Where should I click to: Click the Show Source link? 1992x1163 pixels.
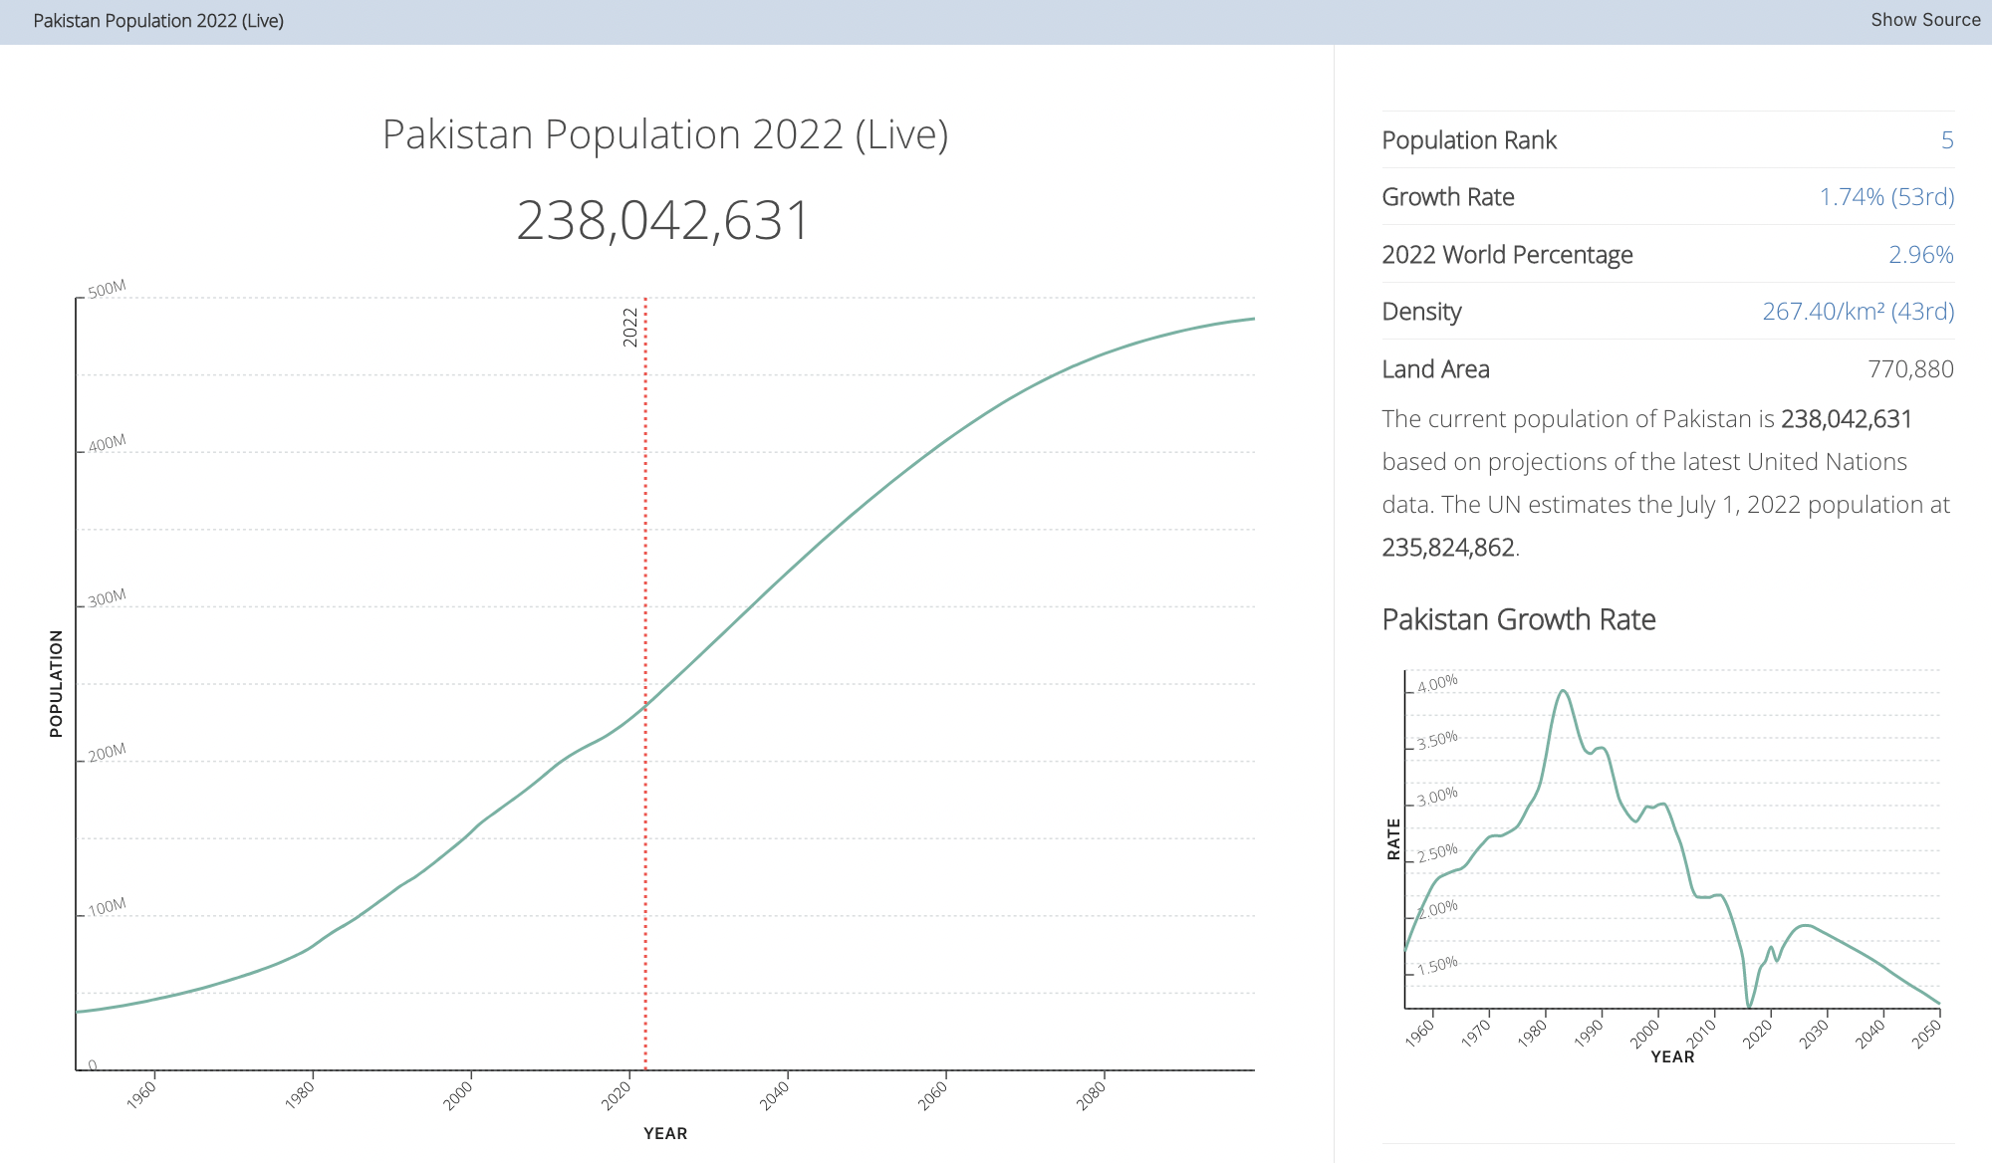(x=1924, y=20)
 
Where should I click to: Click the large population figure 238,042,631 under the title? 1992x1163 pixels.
(x=663, y=220)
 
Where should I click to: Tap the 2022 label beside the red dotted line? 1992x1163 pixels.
(x=629, y=327)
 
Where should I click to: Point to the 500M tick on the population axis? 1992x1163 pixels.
(x=107, y=290)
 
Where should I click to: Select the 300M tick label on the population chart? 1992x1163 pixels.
(x=107, y=598)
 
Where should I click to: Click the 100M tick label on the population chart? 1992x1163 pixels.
(x=107, y=907)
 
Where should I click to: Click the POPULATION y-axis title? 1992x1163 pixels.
(x=56, y=683)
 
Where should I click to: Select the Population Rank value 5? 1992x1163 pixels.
(x=1946, y=140)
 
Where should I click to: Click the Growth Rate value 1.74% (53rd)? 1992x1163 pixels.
(x=1886, y=197)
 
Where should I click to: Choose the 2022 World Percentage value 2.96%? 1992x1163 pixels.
(x=1920, y=255)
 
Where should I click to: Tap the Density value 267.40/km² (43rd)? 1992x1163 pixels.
(x=1858, y=312)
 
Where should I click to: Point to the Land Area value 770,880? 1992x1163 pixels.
(x=1910, y=369)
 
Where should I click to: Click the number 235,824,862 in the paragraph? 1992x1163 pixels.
(x=1447, y=548)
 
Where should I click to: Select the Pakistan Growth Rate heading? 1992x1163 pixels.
(x=1518, y=619)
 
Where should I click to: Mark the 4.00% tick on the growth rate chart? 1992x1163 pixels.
(x=1437, y=684)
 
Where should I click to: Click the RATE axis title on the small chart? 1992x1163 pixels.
(x=1393, y=838)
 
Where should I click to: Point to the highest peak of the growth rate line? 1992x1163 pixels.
(x=1563, y=691)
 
